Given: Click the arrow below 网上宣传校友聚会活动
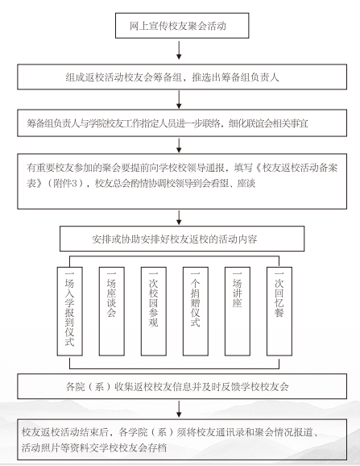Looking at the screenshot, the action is (179, 50).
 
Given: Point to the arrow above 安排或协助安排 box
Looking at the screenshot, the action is (179, 218).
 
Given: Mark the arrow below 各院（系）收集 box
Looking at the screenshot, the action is (179, 409).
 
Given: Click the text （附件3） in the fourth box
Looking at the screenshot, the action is (67, 183).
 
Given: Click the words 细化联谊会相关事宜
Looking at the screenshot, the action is (268, 123).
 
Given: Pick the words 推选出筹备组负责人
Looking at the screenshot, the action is (235, 77).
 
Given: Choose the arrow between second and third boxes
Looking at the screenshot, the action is (179, 99).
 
